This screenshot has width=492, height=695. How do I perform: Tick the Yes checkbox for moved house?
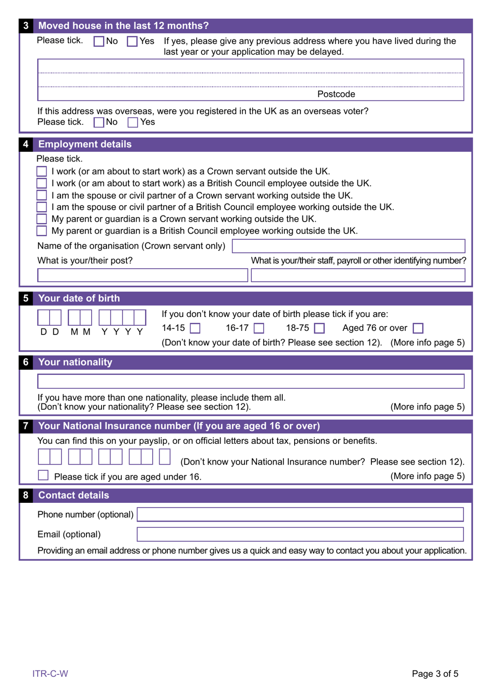(x=132, y=41)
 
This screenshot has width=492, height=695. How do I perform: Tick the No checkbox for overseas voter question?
(x=98, y=123)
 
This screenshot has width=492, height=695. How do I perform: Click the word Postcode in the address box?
(x=336, y=94)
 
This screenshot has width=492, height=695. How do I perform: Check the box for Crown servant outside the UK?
(x=42, y=171)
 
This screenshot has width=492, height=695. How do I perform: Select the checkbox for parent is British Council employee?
(x=42, y=231)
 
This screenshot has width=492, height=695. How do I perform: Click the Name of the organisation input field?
(x=348, y=246)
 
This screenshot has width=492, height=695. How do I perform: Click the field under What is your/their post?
(x=142, y=275)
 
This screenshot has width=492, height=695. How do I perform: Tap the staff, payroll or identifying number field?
(x=358, y=275)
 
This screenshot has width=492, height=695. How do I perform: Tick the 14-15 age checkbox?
(x=195, y=328)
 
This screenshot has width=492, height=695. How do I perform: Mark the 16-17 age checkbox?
(x=259, y=328)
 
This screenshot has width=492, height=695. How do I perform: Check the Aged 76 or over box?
(x=418, y=328)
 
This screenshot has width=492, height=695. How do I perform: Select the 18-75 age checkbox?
(x=320, y=328)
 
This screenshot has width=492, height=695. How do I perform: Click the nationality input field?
(x=251, y=382)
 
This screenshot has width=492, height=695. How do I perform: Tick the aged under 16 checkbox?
(x=44, y=475)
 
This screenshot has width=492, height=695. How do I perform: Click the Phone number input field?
(x=300, y=514)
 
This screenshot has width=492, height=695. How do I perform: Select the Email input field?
(x=300, y=534)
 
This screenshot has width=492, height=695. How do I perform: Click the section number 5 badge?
(x=25, y=298)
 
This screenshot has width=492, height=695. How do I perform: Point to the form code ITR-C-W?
(x=50, y=674)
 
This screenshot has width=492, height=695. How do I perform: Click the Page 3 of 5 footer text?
(x=435, y=674)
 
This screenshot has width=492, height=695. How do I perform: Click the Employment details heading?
(x=85, y=144)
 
